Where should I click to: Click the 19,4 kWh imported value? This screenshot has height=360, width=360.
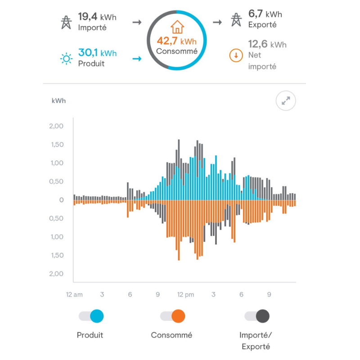coord(97,17)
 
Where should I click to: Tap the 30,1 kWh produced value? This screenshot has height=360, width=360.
coord(97,53)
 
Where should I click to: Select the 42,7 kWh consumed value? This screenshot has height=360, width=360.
coord(176,41)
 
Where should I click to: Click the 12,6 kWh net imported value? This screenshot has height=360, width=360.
coord(267,44)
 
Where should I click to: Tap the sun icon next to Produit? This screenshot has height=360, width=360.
coord(67,58)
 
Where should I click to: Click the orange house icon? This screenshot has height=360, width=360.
coord(177,27)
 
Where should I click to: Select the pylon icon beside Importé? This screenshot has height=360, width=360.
coord(67,21)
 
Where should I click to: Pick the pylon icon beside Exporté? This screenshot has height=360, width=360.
coord(236,20)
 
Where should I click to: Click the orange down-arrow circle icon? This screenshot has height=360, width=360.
coord(235,55)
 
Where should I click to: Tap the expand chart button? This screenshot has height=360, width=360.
coord(286,101)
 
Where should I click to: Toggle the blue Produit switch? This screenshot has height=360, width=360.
coord(91,316)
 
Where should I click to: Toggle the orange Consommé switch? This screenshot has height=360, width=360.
coord(173,316)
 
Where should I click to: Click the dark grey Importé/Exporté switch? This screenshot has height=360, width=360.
coord(257,316)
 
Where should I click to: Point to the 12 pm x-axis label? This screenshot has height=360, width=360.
coord(185,295)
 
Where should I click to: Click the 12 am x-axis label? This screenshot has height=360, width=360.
coord(74,295)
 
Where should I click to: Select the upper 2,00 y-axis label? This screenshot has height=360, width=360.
coord(56,126)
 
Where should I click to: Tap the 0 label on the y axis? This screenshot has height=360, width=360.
coord(62,200)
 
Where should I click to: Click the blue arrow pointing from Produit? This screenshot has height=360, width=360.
coord(137,58)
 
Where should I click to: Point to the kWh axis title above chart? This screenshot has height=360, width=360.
coord(58,101)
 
